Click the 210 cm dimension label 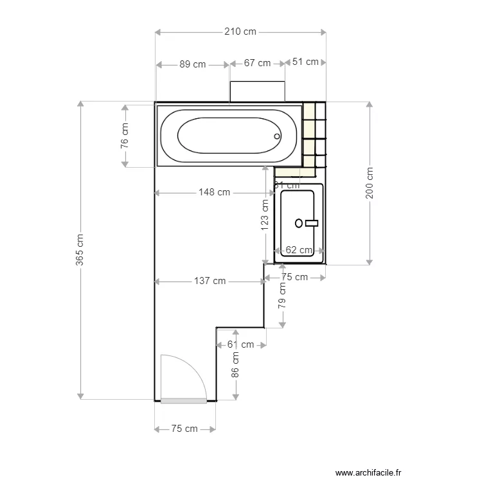point(240,31)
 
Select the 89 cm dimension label point(193,64)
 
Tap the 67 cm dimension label point(257,63)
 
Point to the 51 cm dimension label point(305,62)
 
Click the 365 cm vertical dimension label point(80,249)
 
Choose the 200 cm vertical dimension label point(370,183)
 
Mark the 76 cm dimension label point(125,136)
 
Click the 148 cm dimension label point(214,192)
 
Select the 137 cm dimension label point(210,281)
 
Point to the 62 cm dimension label point(299,250)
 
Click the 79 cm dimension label point(282,296)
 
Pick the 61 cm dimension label point(240,344)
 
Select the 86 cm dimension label point(235,364)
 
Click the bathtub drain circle point(278,136)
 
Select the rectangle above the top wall point(257,91)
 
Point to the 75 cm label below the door point(184,429)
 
